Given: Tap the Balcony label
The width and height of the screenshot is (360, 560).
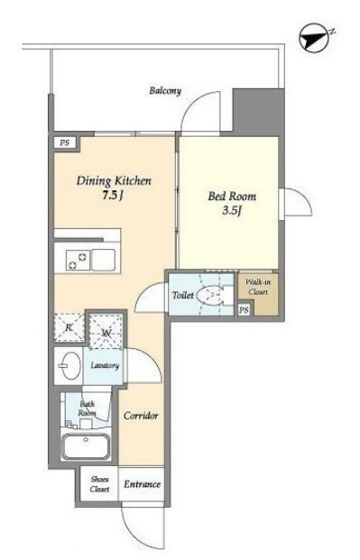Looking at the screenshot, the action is coord(165,91).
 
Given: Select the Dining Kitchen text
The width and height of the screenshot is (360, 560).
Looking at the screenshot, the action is coord(114,181).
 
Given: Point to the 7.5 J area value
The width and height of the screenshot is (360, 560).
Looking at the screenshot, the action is coord(113,196).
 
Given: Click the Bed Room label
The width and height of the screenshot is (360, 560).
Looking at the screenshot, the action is coord(232,196).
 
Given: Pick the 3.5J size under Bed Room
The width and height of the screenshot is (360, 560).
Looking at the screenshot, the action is coord(232,211).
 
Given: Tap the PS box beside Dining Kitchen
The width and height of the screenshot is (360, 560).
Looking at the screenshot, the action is coord(65,143).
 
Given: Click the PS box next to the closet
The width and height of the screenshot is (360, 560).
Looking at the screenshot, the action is coord(244,309).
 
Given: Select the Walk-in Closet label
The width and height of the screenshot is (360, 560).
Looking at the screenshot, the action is coord(258,287).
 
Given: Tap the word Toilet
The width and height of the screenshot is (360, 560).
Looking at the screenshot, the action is coord(182,296).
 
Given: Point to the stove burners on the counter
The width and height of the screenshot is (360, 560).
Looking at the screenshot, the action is coord(78,260).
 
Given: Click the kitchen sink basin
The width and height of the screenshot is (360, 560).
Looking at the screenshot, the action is coord(103,260).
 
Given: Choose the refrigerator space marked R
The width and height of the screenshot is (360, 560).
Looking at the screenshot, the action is coord(69,328).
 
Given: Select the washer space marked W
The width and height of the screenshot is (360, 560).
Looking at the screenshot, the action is coord(106,332).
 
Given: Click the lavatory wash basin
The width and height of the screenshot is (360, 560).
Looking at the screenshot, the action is coord(69,366).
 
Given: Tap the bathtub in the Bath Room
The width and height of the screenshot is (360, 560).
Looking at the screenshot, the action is coord(86,446).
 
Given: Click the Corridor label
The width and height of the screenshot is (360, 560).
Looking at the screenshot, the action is coord(141,416).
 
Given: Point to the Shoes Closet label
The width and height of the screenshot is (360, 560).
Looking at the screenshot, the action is coord(99,484).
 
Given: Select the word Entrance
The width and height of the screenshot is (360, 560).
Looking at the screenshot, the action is coord(142,484).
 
